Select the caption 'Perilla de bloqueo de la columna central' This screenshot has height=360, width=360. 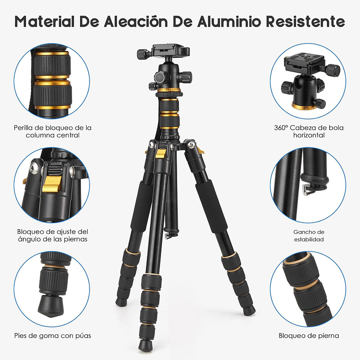pyautogui.click(x=53, y=131)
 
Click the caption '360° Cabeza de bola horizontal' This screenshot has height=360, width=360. pyautogui.click(x=308, y=131)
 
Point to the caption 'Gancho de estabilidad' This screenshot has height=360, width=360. pyautogui.click(x=308, y=235)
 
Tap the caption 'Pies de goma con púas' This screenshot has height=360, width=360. pyautogui.click(x=53, y=335)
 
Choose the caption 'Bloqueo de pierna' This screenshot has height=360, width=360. pyautogui.click(x=308, y=335)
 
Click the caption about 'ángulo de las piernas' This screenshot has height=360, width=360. pyautogui.click(x=53, y=235)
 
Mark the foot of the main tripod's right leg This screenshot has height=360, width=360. pyautogui.click(x=250, y=310)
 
